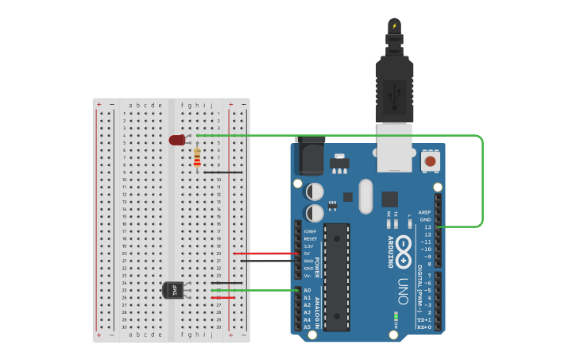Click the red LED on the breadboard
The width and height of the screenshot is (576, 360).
176,140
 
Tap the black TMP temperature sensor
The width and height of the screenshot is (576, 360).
175,291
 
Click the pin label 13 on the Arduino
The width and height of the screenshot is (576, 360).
427,227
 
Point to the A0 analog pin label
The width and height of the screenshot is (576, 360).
307,290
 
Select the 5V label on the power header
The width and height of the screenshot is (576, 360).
307,254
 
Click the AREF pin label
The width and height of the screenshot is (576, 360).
425,212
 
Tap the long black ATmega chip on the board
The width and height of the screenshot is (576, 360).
337,277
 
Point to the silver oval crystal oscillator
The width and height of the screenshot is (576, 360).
365,195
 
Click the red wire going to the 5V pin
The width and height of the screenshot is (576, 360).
266,254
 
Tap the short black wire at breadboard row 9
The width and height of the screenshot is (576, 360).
223,172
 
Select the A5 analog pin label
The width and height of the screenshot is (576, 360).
307,327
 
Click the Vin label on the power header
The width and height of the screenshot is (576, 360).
307,275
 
